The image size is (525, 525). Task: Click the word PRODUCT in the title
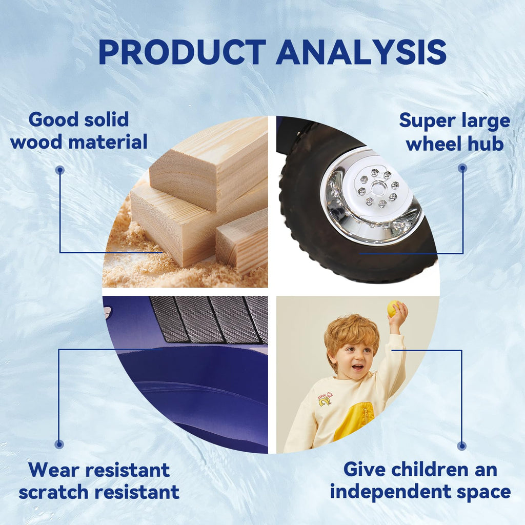(x=182, y=52)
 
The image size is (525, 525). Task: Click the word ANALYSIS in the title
(x=361, y=52)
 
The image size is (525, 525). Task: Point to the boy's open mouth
(x=358, y=367)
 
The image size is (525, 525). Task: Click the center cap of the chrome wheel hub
(x=377, y=189)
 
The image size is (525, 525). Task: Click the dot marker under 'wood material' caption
(x=60, y=170)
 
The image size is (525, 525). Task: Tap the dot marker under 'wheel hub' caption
(x=462, y=168)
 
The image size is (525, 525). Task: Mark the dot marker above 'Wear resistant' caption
(x=59, y=445)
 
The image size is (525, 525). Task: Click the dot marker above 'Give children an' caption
(x=462, y=446)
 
